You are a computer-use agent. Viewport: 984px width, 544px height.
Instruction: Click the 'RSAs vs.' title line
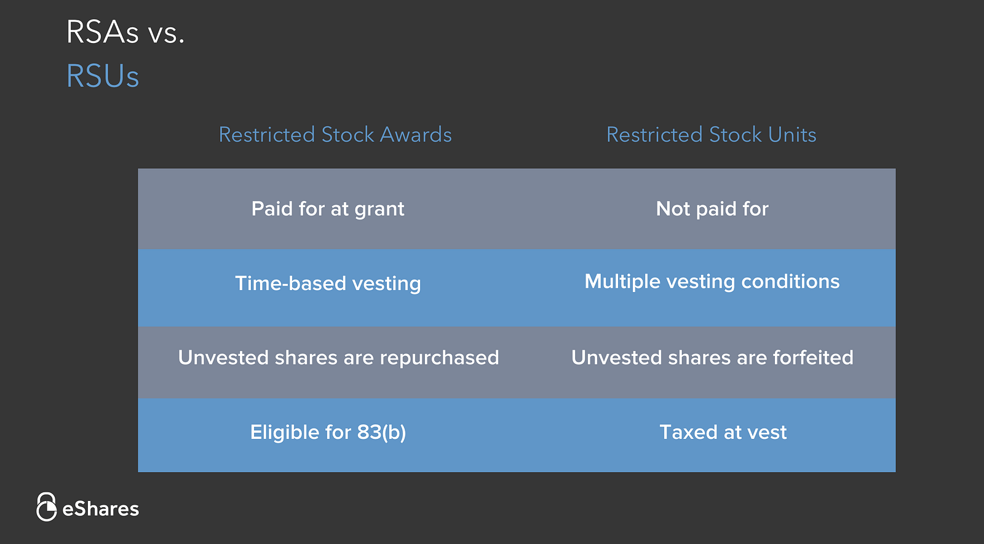click(125, 31)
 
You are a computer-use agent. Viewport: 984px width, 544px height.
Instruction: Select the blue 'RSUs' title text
click(102, 76)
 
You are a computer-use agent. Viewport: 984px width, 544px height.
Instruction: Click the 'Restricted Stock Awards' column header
click(335, 135)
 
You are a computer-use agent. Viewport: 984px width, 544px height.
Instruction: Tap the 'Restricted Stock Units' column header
click(711, 135)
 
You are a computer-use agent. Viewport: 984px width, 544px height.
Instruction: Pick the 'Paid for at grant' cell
click(328, 209)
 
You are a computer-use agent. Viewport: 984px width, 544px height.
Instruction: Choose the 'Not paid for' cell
click(712, 209)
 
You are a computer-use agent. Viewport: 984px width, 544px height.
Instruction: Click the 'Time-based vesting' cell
click(328, 283)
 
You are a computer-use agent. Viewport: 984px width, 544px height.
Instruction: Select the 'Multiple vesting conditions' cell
click(712, 282)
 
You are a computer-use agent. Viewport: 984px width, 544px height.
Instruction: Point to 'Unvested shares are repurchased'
click(338, 358)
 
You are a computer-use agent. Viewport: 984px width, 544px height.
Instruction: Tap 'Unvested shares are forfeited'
click(712, 358)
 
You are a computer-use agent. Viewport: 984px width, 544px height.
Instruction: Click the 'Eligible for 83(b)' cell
click(328, 433)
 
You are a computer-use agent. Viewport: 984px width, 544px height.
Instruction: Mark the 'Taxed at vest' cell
click(723, 433)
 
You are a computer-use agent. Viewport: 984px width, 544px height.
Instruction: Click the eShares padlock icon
click(46, 507)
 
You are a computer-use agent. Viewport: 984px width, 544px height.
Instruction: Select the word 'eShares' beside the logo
click(101, 510)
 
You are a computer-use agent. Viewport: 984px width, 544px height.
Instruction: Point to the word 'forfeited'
click(813, 358)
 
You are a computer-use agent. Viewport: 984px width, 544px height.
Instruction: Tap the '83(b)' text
click(381, 433)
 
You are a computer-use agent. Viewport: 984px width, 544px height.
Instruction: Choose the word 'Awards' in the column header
click(416, 135)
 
